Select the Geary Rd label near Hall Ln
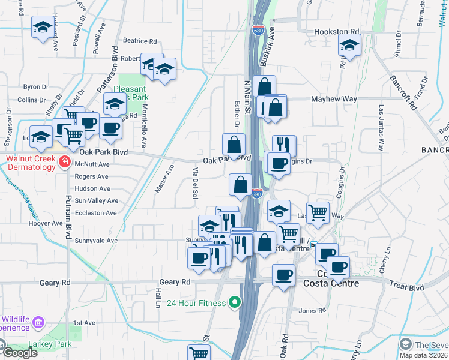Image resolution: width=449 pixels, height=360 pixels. coord(175,282)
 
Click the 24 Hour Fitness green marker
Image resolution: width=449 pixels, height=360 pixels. coord(235,303)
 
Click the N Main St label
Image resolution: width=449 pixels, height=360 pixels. coord(247,93)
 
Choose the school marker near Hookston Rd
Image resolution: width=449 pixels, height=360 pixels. coord(349,45)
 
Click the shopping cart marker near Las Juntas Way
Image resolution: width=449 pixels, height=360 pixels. coord(318,212)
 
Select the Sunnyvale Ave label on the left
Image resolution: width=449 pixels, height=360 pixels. coord(96,240)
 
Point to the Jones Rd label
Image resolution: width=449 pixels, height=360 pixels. coord(312,310)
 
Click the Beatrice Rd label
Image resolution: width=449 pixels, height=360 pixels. coord(139,41)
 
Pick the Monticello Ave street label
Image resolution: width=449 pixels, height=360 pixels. coord(144,127)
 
